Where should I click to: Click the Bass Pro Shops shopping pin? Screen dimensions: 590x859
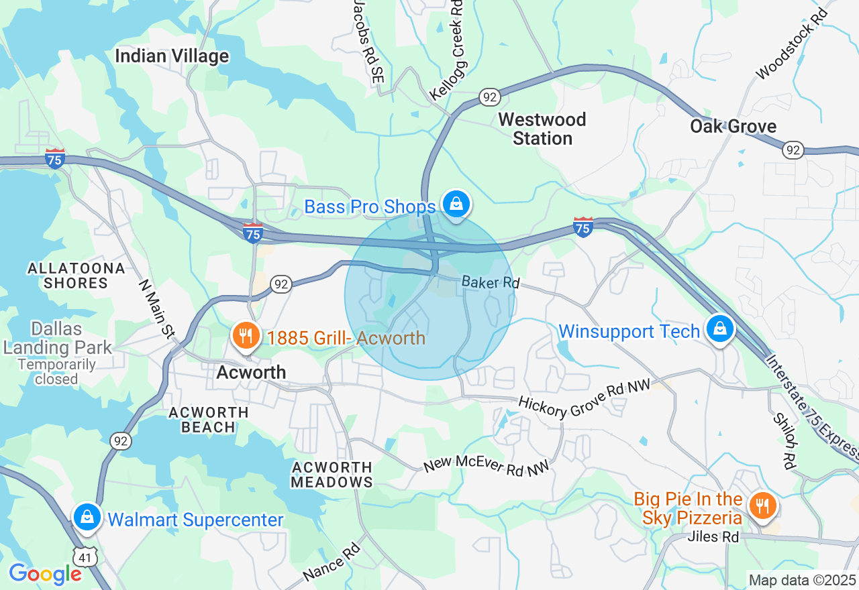pos(456,203)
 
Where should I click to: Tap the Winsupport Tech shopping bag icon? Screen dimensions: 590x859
pos(719,329)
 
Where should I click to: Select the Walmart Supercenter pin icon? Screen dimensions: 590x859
pos(87,517)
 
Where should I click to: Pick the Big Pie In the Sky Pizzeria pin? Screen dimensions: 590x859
pos(762,505)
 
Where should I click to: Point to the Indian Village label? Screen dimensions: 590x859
pos(172,56)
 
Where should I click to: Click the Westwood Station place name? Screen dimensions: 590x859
pos(542,129)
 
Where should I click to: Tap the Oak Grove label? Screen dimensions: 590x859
pos(733,126)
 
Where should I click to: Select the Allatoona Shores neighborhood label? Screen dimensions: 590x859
pos(76,276)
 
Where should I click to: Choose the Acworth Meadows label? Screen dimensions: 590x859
pos(332,475)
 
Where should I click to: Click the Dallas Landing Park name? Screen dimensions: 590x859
pos(57,339)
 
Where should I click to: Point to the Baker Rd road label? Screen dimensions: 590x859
pos(491,282)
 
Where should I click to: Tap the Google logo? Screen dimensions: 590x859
pos(45,573)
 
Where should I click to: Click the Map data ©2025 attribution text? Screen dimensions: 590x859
pos(802,579)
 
